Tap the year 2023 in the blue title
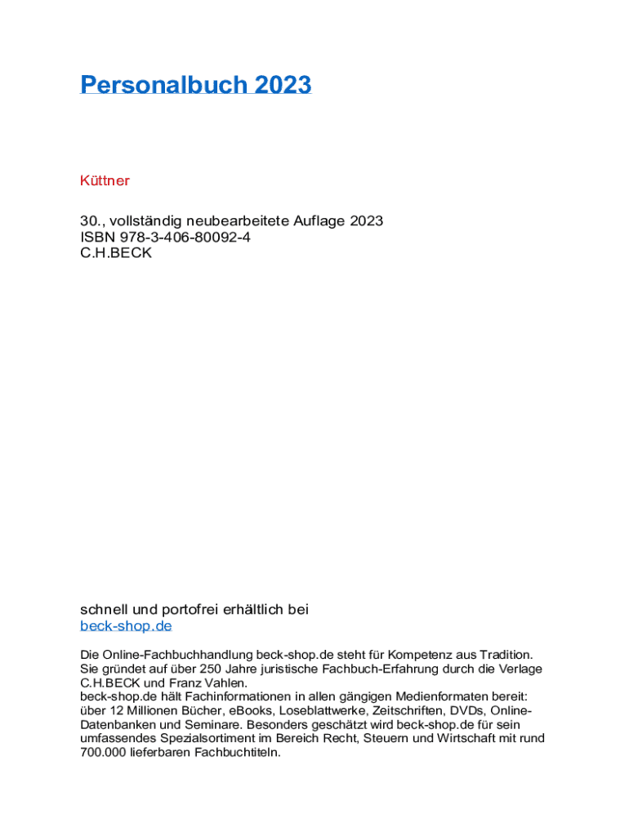click(283, 85)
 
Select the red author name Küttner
click(105, 180)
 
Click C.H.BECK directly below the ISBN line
click(116, 253)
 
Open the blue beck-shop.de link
click(126, 626)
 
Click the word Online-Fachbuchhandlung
click(177, 655)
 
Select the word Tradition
click(503, 655)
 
